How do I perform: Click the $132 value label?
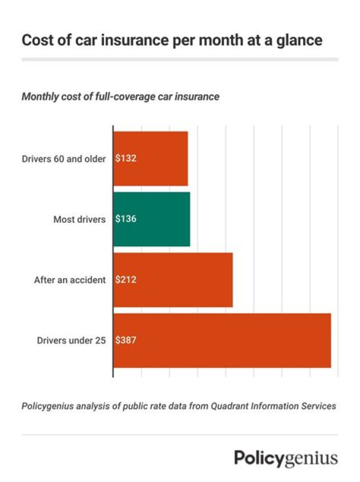coord(126,159)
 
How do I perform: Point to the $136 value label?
coord(126,219)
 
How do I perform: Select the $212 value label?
coord(126,280)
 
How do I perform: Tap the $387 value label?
coord(126,340)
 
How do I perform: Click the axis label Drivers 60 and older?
coord(64,159)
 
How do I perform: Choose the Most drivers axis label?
coord(79,219)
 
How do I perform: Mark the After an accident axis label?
coord(70,280)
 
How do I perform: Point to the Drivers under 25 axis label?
coord(71,340)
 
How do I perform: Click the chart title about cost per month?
coord(171,41)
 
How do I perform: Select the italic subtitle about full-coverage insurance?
coord(120,97)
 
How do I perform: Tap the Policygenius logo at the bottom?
coord(286,457)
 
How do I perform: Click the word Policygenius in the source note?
coord(47,406)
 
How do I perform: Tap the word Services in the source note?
coord(318,406)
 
